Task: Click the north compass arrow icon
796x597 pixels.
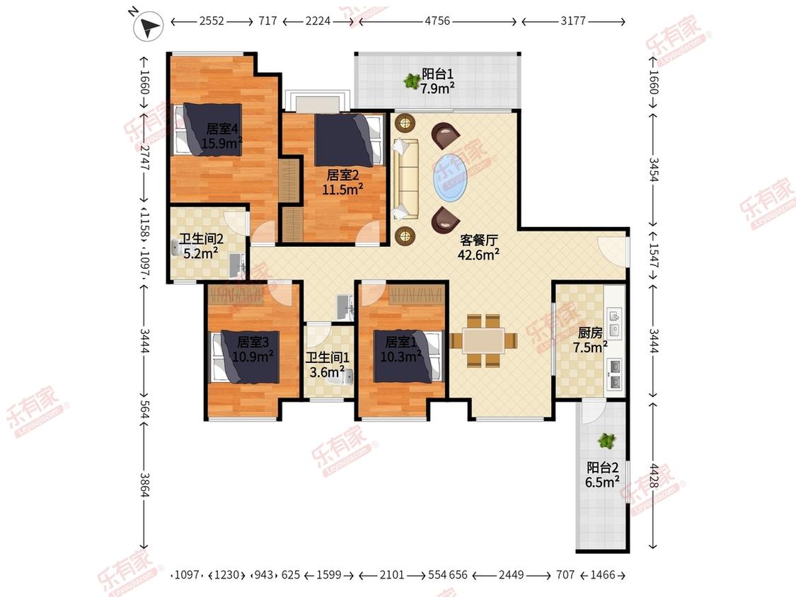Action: pos(148,26)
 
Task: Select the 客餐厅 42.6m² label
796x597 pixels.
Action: pos(479,248)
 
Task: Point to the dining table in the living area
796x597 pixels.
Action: pos(483,340)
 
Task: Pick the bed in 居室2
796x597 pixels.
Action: pos(348,139)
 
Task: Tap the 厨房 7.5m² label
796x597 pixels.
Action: pos(590,340)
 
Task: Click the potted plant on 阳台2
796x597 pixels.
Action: pos(606,440)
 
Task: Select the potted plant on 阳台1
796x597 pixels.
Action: pos(410,80)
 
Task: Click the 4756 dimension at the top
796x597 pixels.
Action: pos(437,21)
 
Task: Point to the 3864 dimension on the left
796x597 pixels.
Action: pos(144,485)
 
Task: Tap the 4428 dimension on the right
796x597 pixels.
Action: pos(653,475)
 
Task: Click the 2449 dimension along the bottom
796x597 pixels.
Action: pos(511,574)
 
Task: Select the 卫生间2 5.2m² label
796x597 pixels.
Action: pos(201,245)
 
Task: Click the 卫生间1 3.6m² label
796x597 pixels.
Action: pos(328,364)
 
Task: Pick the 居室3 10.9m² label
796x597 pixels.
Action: pos(253,349)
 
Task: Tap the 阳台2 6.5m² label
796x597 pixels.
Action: pos(603,475)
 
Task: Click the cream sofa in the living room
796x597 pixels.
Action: pos(405,179)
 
